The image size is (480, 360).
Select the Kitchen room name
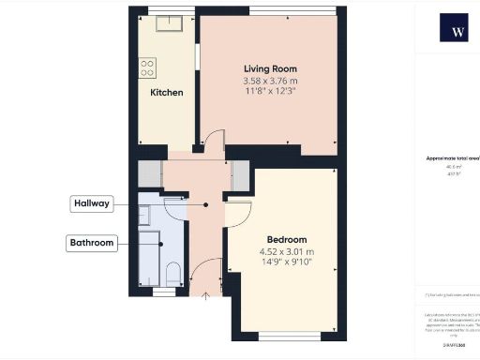166,93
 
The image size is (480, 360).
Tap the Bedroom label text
286,239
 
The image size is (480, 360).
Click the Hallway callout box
94,202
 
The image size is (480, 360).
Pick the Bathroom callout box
92,244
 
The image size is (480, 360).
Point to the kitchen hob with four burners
148,67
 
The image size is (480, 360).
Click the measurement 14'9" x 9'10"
286,263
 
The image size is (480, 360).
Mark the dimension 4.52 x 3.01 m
286,251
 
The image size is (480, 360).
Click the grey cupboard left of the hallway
150,174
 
